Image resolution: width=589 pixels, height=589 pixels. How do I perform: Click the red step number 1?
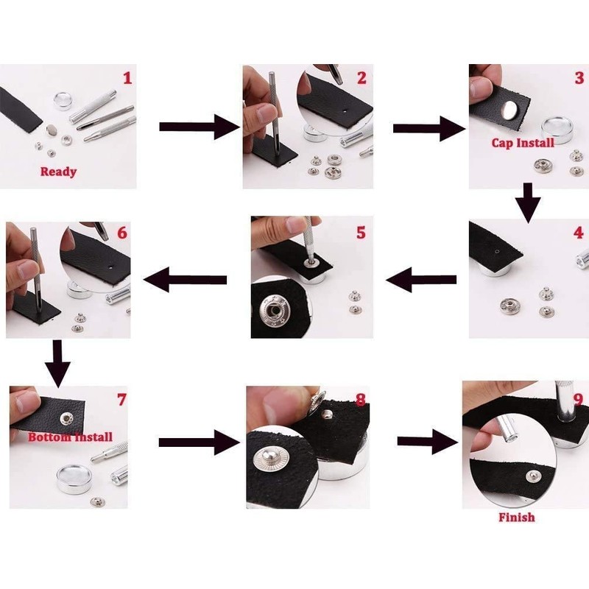[127, 78]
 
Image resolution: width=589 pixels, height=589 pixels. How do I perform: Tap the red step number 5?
[361, 233]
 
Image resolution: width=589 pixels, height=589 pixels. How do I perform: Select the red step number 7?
[121, 400]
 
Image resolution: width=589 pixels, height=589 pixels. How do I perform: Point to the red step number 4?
[579, 233]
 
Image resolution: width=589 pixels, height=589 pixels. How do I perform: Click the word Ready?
[58, 172]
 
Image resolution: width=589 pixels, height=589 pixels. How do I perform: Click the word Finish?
[517, 518]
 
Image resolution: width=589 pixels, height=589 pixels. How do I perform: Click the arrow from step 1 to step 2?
[199, 127]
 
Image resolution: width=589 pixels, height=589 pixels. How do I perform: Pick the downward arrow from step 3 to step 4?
[528, 203]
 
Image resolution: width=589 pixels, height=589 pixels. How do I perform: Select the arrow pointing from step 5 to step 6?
[186, 280]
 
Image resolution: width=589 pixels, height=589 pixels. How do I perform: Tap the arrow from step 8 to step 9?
[428, 442]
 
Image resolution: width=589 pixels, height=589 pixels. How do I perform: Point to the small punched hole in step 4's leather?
[497, 251]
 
